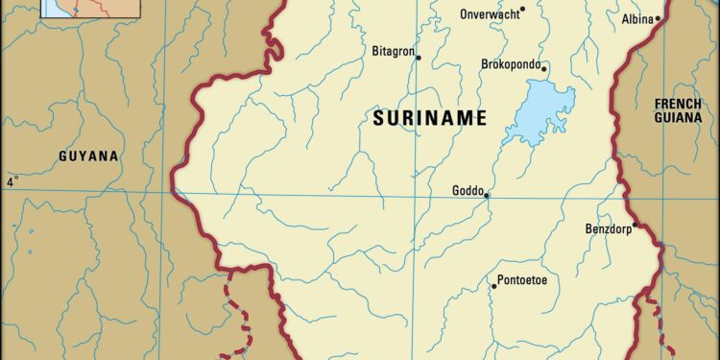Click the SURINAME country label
point(428,119)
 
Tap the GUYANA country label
point(88,156)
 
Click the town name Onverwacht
point(491,13)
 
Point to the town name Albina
point(637,18)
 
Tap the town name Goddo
point(468,190)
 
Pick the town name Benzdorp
point(608,228)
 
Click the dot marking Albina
point(660,18)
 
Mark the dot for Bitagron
point(419,58)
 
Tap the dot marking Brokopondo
point(544,68)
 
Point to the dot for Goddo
point(487,196)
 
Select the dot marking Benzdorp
point(635,225)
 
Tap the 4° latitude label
point(12,181)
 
